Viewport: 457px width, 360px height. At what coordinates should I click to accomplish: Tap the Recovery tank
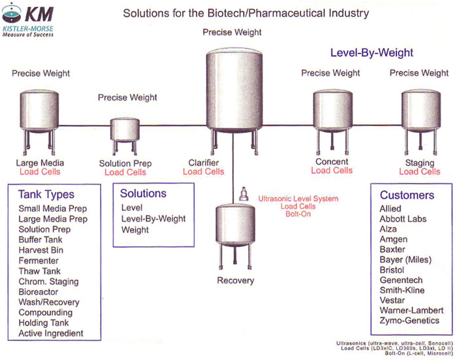pos(236,229)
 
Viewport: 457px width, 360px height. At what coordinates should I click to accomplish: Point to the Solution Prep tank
pos(125,129)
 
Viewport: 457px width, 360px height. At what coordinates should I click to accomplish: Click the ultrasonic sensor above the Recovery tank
pos(244,194)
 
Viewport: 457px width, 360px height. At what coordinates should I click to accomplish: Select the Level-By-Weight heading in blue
pos(371,53)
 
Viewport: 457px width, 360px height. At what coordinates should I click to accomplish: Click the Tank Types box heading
pos(46,195)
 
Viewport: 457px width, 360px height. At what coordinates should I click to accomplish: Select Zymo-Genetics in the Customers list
pos(409,321)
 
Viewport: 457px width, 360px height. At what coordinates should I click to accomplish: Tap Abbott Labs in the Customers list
pos(403,219)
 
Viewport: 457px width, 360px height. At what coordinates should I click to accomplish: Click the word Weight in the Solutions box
pos(135,230)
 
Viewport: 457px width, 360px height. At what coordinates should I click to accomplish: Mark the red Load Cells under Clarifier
pos(203,172)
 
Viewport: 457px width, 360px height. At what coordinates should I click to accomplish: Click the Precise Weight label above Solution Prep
pos(127,97)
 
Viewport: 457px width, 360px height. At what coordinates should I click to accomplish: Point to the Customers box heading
pos(407,195)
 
